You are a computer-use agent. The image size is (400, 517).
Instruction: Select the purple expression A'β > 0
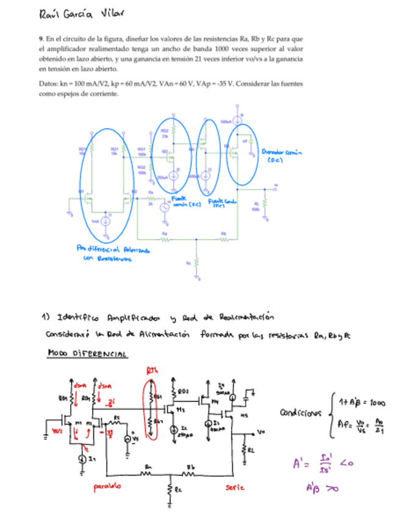pyautogui.click(x=321, y=487)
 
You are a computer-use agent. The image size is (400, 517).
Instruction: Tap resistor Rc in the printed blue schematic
pyautogui.click(x=196, y=266)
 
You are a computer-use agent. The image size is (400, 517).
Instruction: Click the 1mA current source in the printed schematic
pyautogui.click(x=105, y=221)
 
